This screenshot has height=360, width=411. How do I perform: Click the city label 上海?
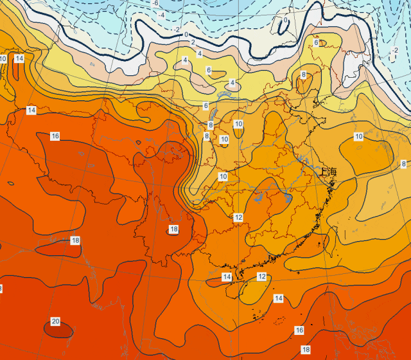pos(328,172)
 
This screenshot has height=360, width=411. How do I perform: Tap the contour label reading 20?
pos(55,321)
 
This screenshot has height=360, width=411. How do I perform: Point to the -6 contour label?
pos(155,4)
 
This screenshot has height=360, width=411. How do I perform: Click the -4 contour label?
pos(162,15)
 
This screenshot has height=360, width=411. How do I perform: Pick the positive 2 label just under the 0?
pos(193,42)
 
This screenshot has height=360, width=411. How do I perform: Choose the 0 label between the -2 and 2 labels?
pos(186,35)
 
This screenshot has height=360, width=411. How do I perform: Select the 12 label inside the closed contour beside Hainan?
pos(261,276)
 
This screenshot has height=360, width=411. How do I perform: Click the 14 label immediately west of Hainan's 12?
pos(227,276)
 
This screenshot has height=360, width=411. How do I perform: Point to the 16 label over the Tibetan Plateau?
pos(55,136)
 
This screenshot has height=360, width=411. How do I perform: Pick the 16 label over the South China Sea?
pos(299,330)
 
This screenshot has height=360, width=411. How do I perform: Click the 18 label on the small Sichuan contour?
pos(173,230)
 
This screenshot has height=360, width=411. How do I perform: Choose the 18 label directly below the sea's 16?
pos(306,349)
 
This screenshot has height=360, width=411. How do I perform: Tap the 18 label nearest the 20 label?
pos(75,240)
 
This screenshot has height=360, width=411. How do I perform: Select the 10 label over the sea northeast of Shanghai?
pos(358,136)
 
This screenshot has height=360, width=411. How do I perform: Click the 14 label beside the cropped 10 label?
pos(19,59)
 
